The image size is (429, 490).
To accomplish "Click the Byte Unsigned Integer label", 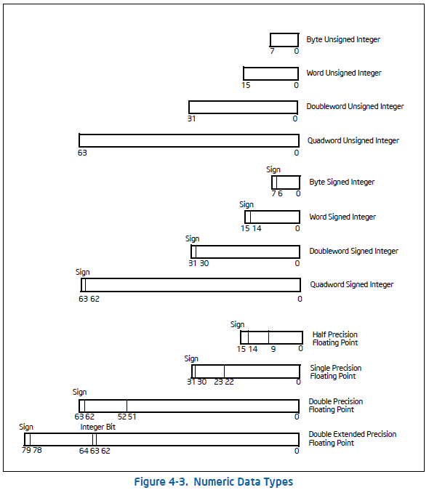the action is [x=343, y=40].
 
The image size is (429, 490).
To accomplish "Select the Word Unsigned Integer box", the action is [x=271, y=73].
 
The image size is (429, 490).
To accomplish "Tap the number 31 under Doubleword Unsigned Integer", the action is [x=191, y=119].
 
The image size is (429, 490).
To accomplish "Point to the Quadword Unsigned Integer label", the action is [x=353, y=140].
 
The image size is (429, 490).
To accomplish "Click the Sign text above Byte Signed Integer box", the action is [x=273, y=169].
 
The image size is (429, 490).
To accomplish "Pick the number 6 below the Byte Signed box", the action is [x=280, y=194].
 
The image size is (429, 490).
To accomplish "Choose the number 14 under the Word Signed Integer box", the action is [x=257, y=229].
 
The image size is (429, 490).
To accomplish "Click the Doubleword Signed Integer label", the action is [x=353, y=252].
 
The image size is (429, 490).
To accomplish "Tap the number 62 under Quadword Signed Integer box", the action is [x=95, y=299].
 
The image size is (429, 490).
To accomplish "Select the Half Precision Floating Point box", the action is [x=271, y=337].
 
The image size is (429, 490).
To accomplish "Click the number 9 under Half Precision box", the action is [x=273, y=349].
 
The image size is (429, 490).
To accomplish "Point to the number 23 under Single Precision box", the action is [x=218, y=382].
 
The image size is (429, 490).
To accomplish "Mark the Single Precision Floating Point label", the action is [x=336, y=372].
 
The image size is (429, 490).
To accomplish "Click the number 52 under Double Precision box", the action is [x=122, y=417].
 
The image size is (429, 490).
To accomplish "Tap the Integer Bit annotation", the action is [x=98, y=427].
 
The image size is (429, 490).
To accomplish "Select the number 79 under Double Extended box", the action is [x=26, y=450].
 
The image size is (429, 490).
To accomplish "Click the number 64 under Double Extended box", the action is [x=84, y=451].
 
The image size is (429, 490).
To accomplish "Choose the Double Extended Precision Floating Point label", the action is [x=353, y=439].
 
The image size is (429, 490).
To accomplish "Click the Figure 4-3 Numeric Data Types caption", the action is [x=214, y=482].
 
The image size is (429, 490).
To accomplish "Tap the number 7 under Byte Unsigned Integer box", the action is [x=272, y=51].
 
